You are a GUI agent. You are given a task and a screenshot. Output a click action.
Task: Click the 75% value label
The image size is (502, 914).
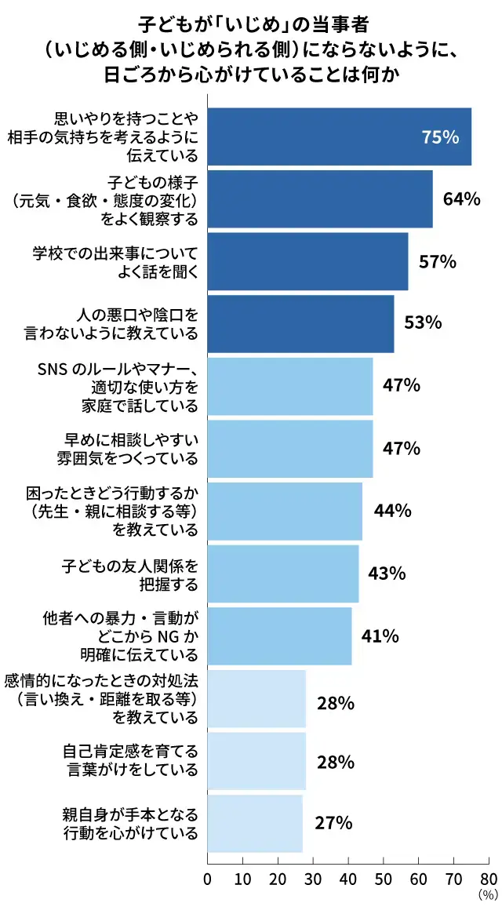pos(440,137)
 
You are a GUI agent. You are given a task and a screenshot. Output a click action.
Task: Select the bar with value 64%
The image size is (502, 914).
pos(320,198)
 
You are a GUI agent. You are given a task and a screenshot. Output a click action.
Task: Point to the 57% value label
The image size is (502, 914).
pos(438,261)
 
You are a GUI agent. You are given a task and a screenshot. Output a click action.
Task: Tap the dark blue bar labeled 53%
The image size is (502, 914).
pos(300,323)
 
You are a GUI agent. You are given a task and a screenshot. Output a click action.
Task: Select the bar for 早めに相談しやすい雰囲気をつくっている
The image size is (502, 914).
pos(290,449)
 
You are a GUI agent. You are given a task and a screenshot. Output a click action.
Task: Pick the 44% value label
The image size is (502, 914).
pos(393,511)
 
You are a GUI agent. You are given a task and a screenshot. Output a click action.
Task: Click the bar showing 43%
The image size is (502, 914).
pos(283,574)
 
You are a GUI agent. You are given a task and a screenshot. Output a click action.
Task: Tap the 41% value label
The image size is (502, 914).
pos(380,635)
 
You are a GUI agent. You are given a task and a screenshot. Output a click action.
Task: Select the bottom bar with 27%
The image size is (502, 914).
pos(255,824)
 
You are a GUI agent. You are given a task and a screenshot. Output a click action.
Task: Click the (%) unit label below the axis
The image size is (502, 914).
pos(487,894)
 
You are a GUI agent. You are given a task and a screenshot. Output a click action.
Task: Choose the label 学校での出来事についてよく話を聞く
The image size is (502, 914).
pos(115,261)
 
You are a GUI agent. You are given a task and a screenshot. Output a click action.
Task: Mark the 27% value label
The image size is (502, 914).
pos(333,824)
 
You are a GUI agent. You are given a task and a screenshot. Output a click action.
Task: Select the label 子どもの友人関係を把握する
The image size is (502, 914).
pos(130,574)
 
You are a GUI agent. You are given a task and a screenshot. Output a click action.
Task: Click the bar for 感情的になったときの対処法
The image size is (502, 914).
pos(256,698)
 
